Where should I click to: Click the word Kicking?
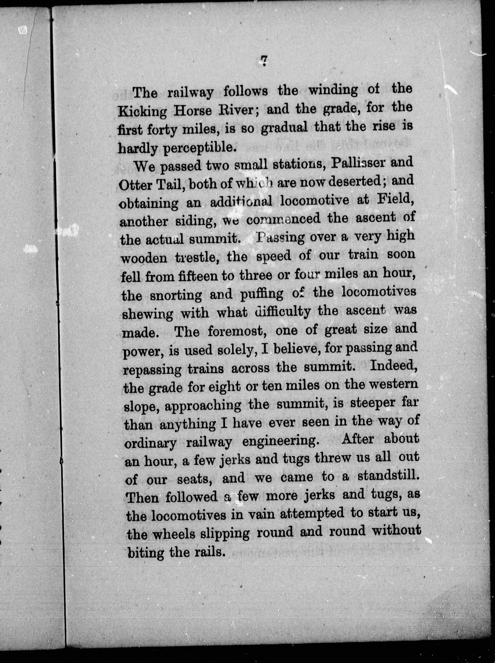click(x=142, y=112)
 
